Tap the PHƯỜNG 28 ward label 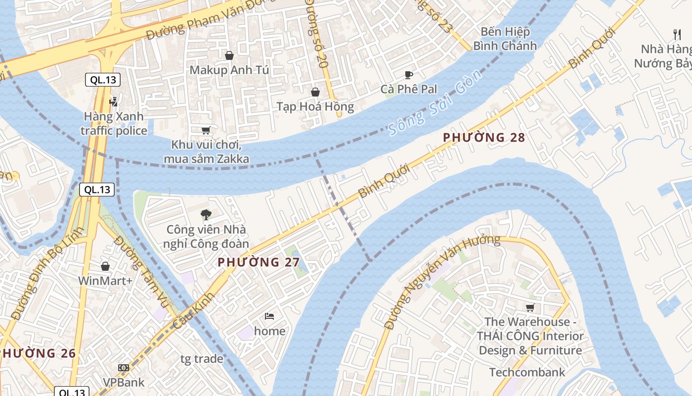point(483,138)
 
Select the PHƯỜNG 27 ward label point(259,262)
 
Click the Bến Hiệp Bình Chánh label point(505,39)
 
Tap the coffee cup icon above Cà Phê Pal point(409,75)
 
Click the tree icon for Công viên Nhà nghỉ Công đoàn point(206,215)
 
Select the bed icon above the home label point(269,316)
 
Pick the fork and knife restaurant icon point(677,35)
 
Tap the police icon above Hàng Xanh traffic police point(114,102)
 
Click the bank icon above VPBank point(124,368)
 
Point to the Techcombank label point(527,372)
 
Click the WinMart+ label point(105,281)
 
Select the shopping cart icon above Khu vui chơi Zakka point(206,131)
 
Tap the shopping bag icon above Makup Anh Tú point(229,55)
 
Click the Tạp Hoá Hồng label point(315,106)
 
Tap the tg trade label point(202,359)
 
